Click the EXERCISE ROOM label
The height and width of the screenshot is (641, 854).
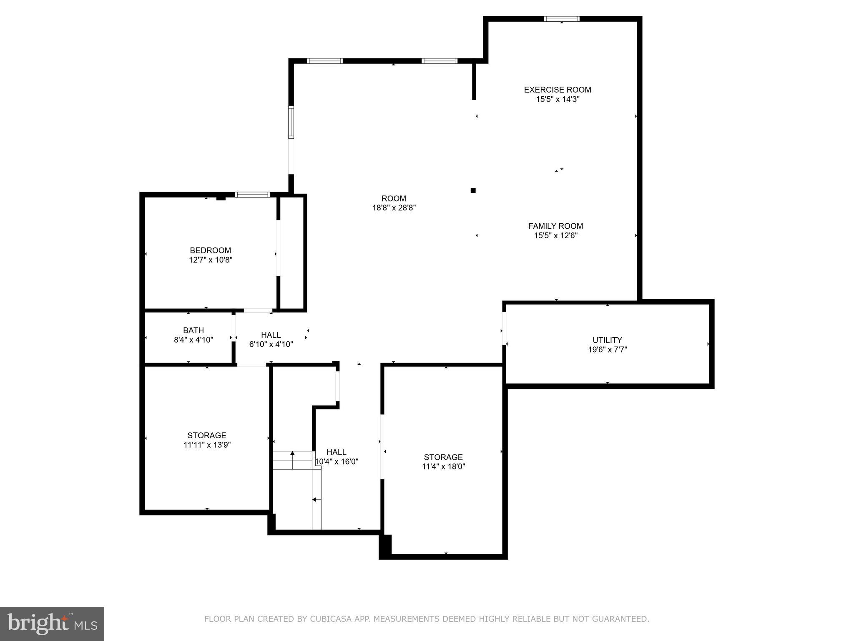[x=557, y=90]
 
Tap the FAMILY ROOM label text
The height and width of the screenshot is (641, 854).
[x=555, y=226]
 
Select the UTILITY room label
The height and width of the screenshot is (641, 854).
[x=607, y=340]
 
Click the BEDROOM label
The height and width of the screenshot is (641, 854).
[x=210, y=250]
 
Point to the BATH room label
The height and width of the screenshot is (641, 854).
[x=193, y=331]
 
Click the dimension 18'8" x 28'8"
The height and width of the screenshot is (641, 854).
[x=394, y=208]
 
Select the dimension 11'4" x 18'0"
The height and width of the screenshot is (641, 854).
[x=443, y=467]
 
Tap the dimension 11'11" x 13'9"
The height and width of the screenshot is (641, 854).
[x=207, y=445]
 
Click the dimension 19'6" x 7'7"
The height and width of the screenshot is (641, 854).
[x=607, y=350]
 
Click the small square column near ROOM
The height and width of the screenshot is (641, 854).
[x=473, y=191]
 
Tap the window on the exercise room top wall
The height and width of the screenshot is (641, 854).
[x=561, y=19]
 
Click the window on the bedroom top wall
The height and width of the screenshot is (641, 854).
[x=252, y=194]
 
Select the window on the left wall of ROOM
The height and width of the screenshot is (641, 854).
[x=291, y=122]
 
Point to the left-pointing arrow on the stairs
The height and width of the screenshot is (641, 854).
[x=315, y=499]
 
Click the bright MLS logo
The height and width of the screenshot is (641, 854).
[x=52, y=623]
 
